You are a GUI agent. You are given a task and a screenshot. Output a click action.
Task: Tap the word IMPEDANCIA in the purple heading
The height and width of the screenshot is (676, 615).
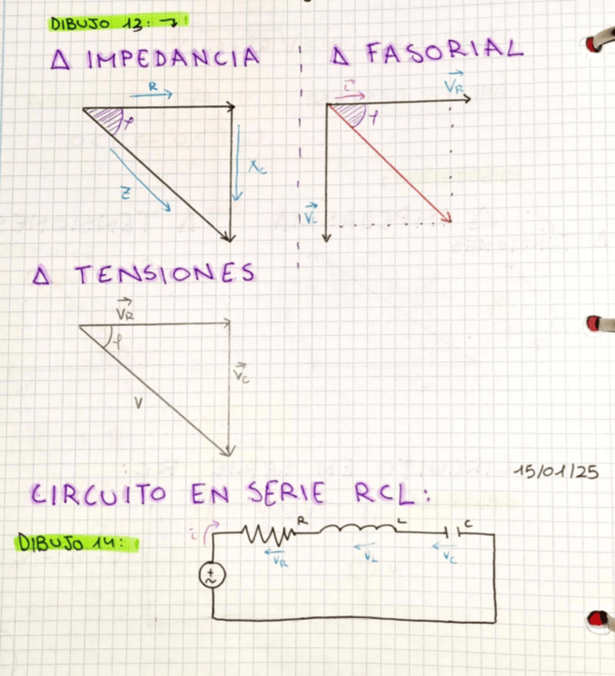coord(173,58)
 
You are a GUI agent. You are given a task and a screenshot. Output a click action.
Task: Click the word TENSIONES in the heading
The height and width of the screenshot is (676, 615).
coord(165,274)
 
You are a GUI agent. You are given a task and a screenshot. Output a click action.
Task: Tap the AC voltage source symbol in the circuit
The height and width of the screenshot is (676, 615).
coord(213,575)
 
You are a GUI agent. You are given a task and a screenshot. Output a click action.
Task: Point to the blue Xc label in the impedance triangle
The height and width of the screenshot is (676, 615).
coord(257,167)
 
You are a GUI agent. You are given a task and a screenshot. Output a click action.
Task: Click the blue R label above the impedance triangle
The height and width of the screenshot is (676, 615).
coord(151,84)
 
